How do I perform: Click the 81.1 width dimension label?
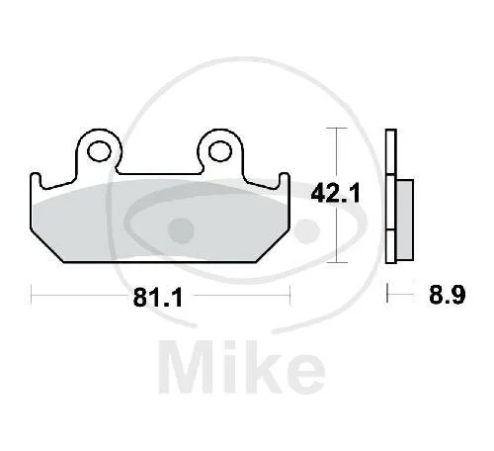(157, 297)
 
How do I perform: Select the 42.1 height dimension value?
(336, 193)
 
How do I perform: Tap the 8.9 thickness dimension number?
(447, 295)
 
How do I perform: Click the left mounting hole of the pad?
(100, 151)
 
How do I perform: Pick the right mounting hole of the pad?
(220, 151)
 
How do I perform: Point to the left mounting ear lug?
(98, 150)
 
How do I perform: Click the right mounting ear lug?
(220, 150)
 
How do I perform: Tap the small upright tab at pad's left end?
(36, 180)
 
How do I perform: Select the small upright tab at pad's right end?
(284, 180)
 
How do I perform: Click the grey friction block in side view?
(405, 220)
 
